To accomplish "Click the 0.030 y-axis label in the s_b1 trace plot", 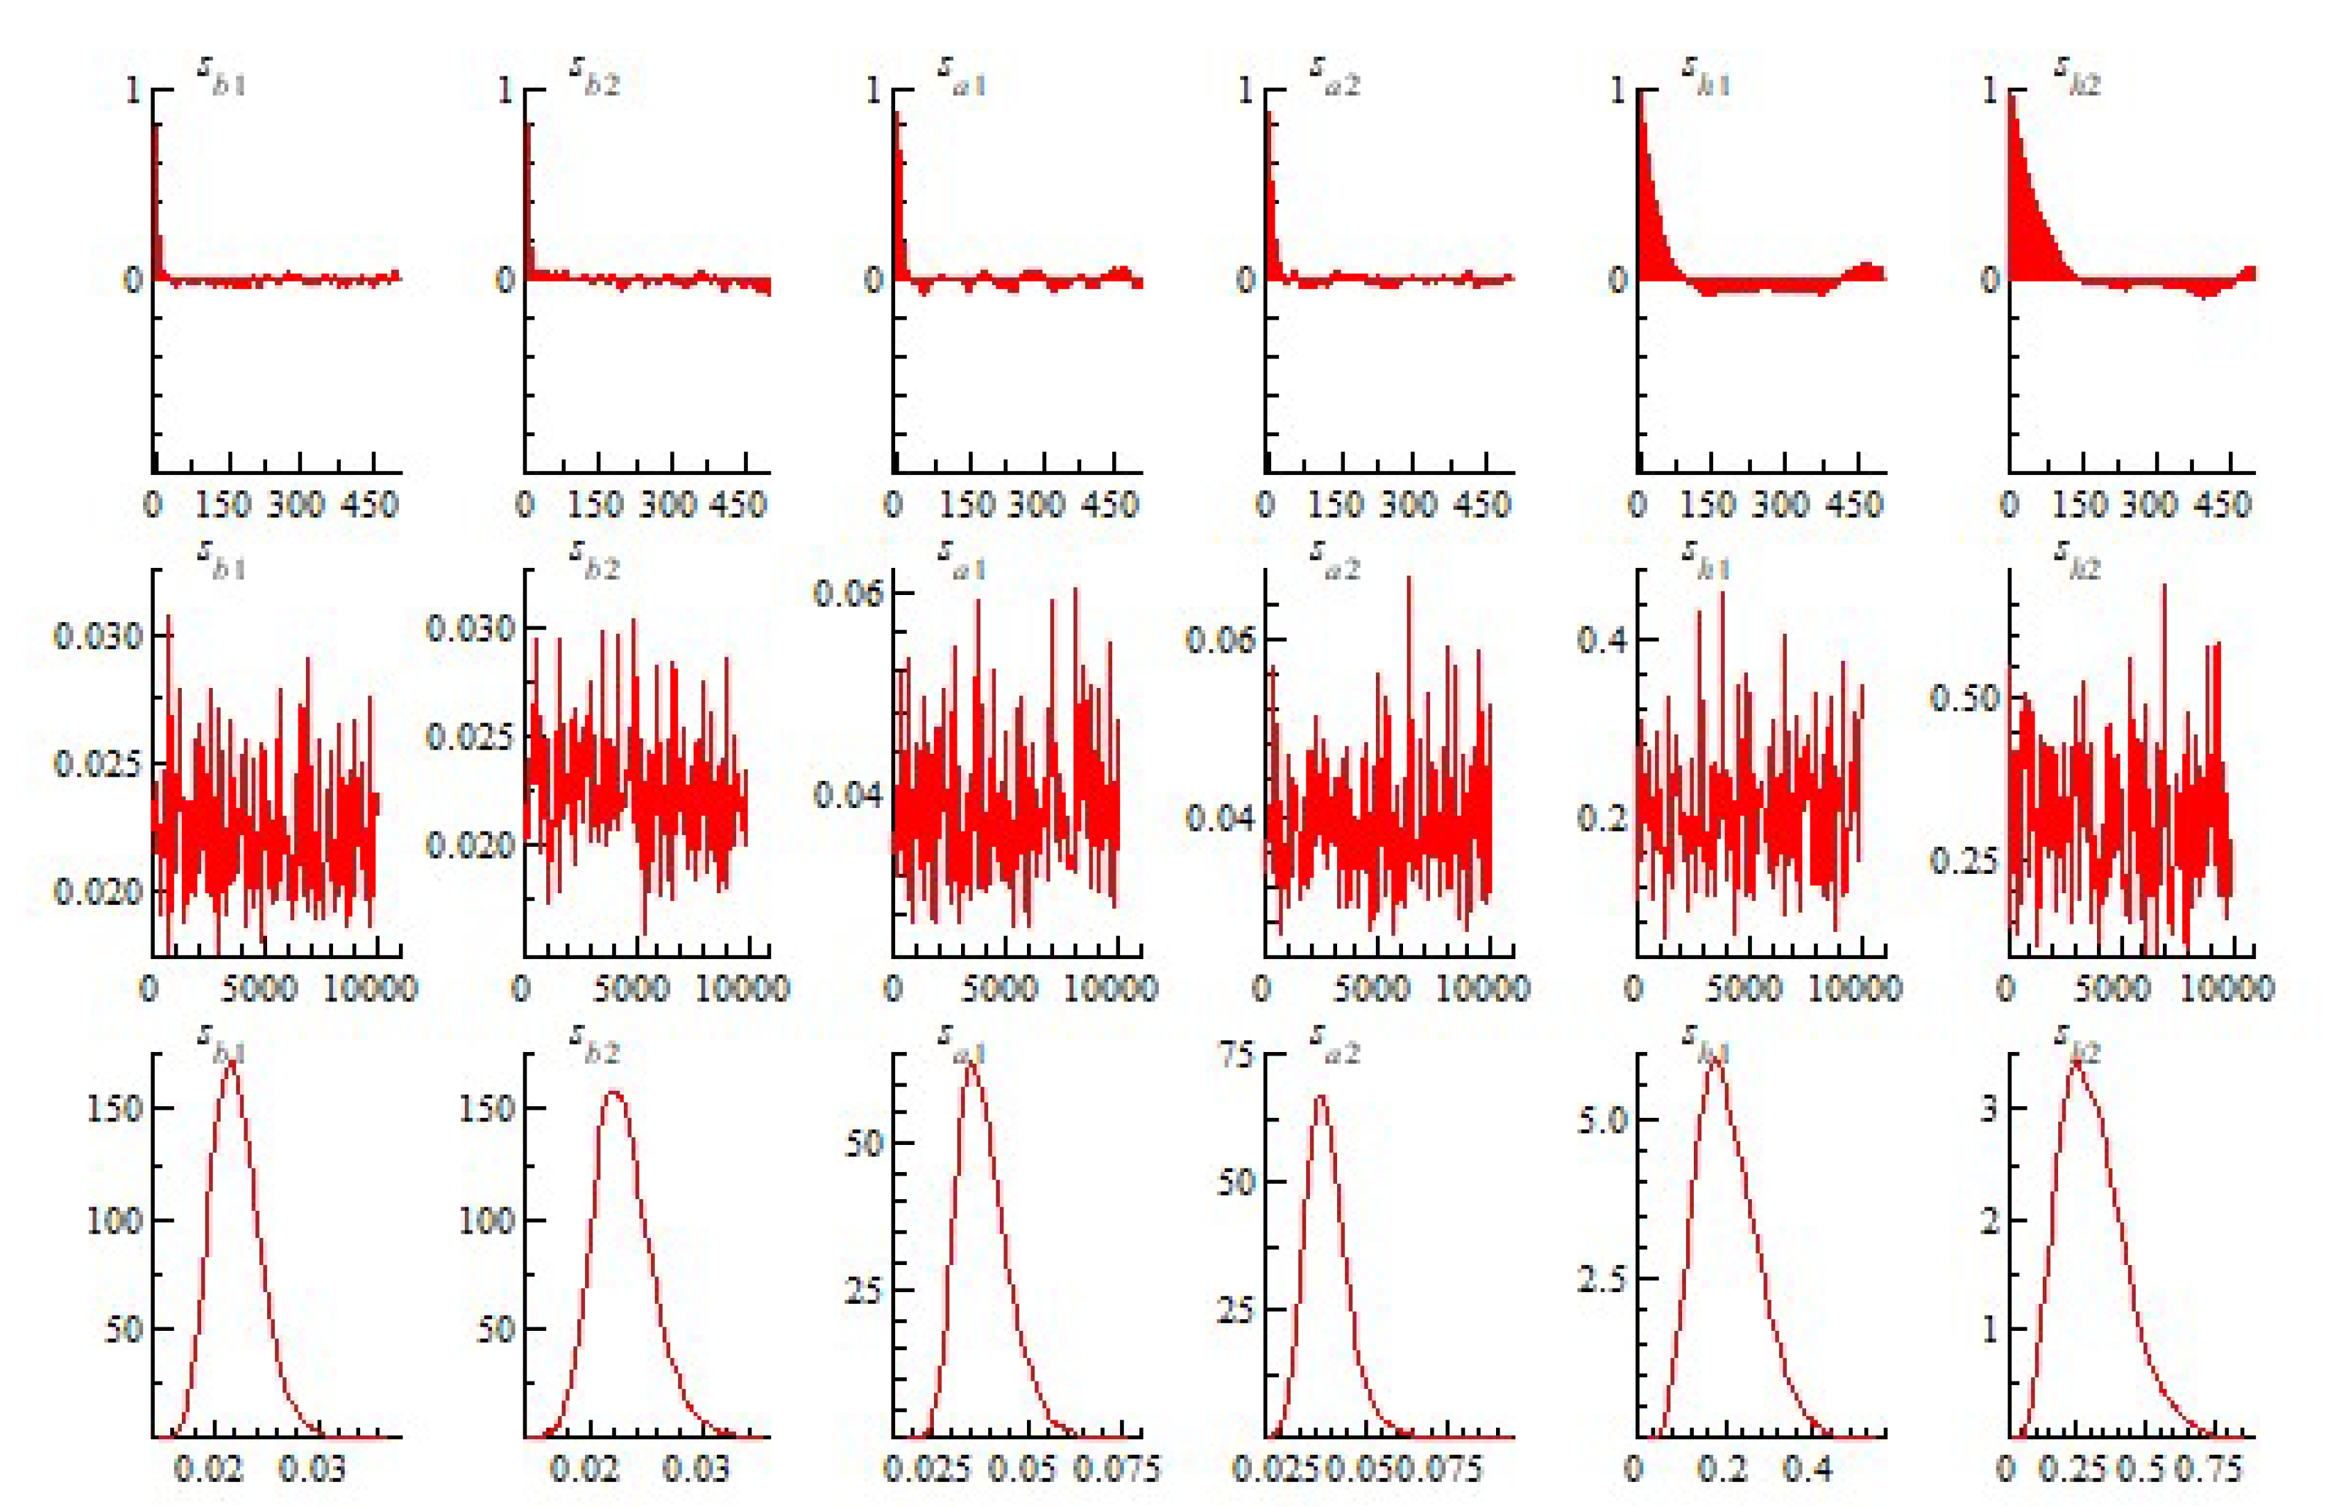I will pos(98,637).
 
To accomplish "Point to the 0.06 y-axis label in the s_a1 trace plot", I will pos(849,593).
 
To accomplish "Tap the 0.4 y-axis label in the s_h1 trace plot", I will pos(1603,640).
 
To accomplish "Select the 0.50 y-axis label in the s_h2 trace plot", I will pos(1964,698).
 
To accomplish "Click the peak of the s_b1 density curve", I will pos(231,1064).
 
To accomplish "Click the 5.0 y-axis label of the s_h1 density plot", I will pos(1603,1119).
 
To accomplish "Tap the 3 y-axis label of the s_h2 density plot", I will pos(1989,1110).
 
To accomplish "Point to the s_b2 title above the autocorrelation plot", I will pos(594,76).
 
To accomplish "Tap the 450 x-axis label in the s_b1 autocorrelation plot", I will pos(372,505).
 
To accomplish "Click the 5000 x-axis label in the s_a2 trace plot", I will pos(1372,988).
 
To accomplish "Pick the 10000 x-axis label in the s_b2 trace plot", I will pos(742,988).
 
